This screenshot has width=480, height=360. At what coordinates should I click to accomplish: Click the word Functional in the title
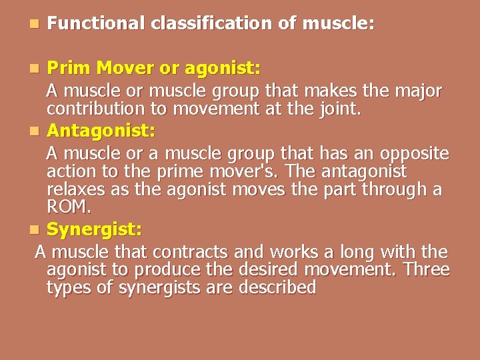96,24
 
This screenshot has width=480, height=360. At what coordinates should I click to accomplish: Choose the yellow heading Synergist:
94,230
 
